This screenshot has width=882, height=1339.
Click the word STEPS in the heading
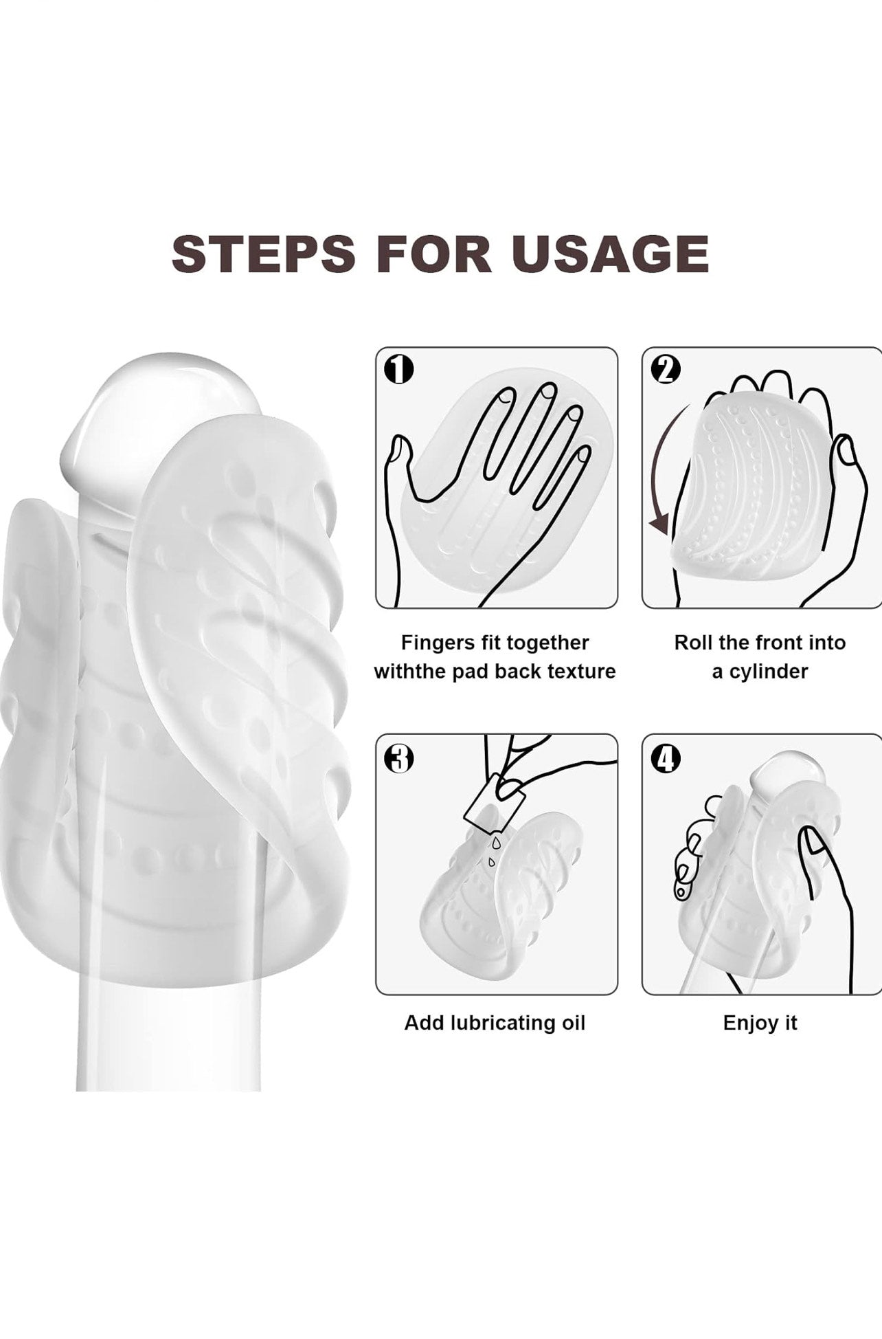264,254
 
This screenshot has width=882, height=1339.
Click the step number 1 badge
398,370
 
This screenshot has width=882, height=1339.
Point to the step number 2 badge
665,370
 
